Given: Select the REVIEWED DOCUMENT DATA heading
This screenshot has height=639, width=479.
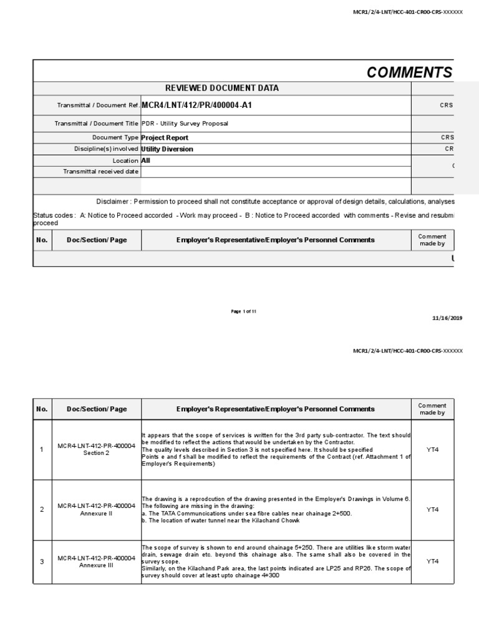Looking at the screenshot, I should (221, 89).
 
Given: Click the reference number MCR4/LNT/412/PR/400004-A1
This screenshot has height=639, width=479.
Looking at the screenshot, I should (196, 105).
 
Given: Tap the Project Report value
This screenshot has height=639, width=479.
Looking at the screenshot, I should (165, 138).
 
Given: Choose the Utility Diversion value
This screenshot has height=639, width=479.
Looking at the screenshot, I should (167, 149).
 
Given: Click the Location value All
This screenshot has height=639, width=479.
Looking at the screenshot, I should (146, 160).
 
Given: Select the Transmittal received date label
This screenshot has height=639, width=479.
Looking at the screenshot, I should (101, 172).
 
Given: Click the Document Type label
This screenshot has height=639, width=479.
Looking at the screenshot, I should (115, 138).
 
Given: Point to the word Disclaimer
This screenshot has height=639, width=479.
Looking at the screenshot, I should (114, 202).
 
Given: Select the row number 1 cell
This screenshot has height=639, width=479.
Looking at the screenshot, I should (42, 450).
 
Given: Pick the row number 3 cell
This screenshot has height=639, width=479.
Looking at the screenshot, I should (42, 562).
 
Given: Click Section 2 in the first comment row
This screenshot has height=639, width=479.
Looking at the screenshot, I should (97, 454).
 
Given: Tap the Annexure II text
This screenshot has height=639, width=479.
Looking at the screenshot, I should (97, 514).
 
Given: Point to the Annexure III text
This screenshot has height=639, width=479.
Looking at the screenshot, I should (97, 566).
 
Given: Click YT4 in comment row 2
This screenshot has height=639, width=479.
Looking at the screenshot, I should (432, 510).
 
